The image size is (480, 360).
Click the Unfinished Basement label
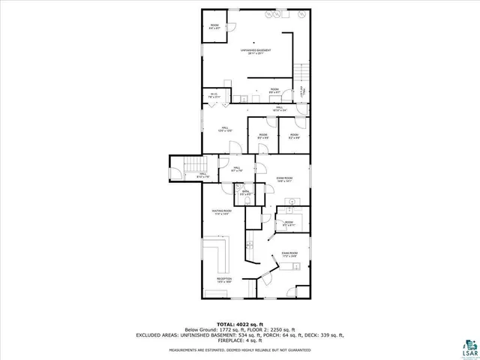[255, 52]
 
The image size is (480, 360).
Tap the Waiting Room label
[223, 213]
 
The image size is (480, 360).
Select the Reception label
[224, 280]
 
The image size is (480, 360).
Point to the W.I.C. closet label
[214, 95]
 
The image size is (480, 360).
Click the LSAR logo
[471, 346]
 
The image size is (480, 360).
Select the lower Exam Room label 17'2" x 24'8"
[289, 255]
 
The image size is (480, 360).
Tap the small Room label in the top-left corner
[213, 27]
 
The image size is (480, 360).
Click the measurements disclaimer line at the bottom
[239, 349]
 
